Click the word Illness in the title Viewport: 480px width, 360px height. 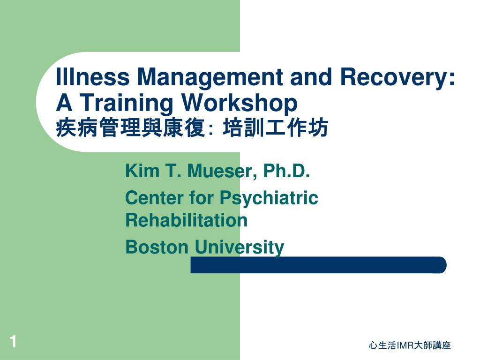(92, 76)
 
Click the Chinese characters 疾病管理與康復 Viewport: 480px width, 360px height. (130, 127)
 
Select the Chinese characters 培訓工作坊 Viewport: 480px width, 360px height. (275, 127)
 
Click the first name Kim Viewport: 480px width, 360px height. (142, 171)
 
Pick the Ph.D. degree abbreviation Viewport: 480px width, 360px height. (286, 171)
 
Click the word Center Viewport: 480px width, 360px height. (154, 197)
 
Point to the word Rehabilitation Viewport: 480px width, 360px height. (187, 220)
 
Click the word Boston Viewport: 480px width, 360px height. (157, 247)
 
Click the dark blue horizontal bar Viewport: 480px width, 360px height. (318, 265)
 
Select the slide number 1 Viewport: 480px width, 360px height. (13, 342)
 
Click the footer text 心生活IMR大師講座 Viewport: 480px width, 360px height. (410, 345)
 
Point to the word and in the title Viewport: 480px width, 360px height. (311, 76)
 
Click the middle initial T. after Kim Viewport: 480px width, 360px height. (173, 171)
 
